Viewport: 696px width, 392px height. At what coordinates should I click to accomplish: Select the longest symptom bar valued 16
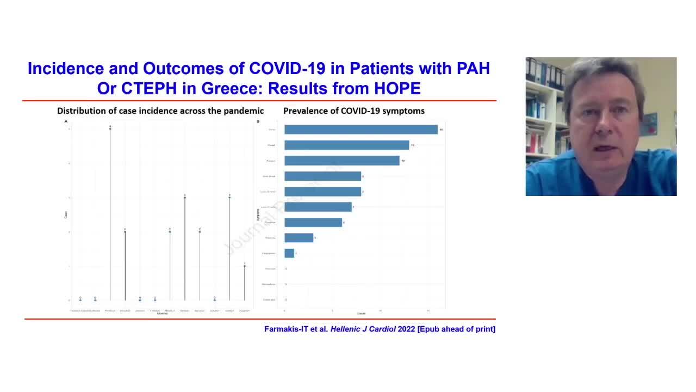(x=361, y=130)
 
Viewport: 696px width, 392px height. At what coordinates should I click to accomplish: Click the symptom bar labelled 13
(x=346, y=145)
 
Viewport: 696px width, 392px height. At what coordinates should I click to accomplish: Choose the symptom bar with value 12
(x=341, y=161)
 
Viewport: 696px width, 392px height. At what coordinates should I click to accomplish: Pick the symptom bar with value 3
(x=299, y=238)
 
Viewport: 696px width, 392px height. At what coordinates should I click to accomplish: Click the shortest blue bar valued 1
(x=289, y=253)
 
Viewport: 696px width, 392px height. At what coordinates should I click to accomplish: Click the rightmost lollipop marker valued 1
(x=244, y=266)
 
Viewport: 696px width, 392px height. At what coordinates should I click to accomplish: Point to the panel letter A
(x=66, y=121)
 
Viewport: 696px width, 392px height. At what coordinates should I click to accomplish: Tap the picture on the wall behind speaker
(x=649, y=124)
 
